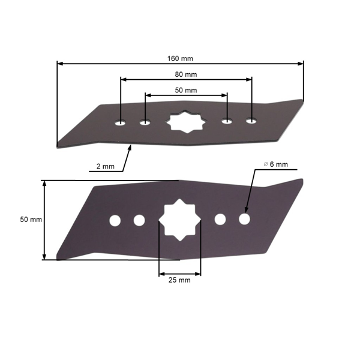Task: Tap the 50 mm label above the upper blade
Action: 186,90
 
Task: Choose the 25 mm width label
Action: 180,280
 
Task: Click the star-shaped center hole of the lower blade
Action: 180,220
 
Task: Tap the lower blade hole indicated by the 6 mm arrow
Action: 244,219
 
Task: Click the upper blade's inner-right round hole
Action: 227,121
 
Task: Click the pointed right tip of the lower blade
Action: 301,179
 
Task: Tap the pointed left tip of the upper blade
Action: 58,145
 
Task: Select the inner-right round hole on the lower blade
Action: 220,220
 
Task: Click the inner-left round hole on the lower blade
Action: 139,220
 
